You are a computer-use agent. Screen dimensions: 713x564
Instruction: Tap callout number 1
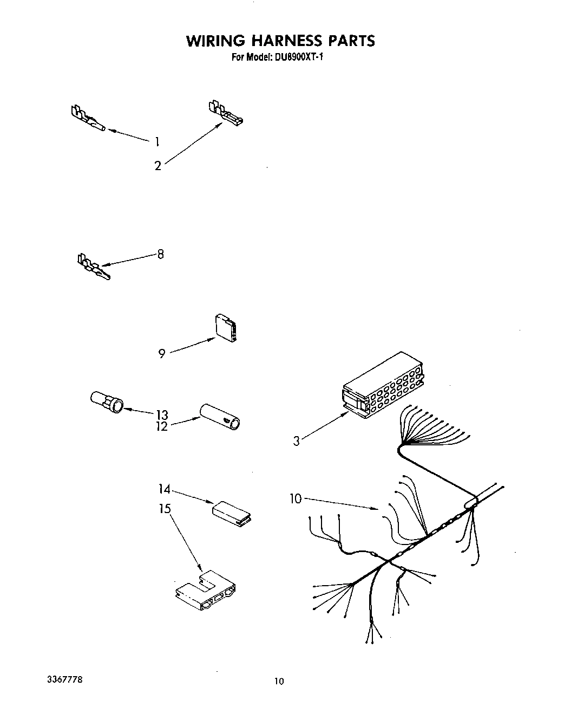pyautogui.click(x=157, y=142)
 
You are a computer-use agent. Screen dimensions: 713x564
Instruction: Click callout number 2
pyautogui.click(x=158, y=166)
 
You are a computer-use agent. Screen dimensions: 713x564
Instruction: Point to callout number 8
pyautogui.click(x=160, y=254)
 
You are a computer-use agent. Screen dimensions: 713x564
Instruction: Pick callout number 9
pyautogui.click(x=162, y=354)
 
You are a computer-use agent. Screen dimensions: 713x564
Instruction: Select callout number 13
pyautogui.click(x=162, y=414)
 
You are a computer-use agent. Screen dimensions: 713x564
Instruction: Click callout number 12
pyautogui.click(x=162, y=426)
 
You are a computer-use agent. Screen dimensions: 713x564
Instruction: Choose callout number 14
pyautogui.click(x=164, y=489)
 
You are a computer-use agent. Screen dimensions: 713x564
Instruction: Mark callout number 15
pyautogui.click(x=165, y=509)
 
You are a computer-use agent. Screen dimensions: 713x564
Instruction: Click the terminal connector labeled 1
pyautogui.click(x=86, y=119)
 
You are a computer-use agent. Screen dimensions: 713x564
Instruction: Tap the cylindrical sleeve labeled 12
pyautogui.click(x=221, y=416)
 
